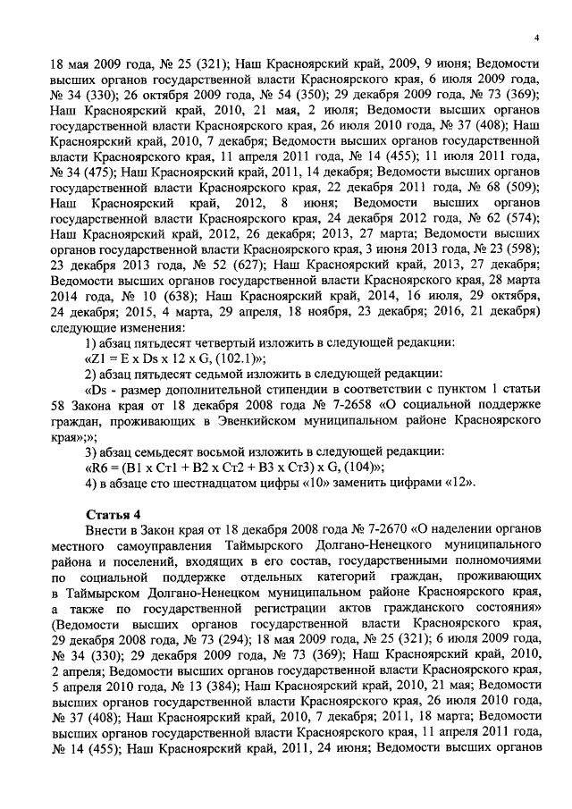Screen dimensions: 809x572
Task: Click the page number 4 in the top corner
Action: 536,37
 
